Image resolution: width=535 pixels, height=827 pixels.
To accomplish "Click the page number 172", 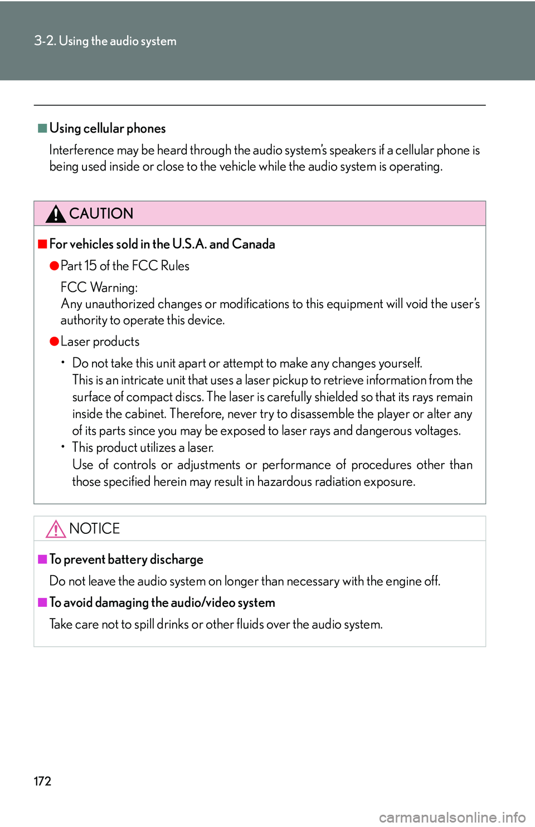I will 42,781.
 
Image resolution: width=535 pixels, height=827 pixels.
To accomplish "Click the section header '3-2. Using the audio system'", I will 105,41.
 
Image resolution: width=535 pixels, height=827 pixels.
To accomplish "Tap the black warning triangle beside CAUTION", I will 56,213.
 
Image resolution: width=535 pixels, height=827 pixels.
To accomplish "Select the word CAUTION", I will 101,213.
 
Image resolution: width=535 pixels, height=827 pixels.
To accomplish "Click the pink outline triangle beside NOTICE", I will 56,528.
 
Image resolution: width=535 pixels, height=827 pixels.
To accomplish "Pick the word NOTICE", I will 95,528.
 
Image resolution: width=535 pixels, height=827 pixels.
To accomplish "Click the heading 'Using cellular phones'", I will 108,128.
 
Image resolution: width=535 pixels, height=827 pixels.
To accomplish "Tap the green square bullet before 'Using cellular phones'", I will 42,128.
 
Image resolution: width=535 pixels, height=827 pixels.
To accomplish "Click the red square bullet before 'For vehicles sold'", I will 42,244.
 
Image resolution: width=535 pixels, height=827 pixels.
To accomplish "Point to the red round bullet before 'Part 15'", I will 54,265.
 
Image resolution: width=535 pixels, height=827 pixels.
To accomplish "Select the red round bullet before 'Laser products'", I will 54,341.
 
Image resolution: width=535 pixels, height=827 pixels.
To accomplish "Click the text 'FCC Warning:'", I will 99,288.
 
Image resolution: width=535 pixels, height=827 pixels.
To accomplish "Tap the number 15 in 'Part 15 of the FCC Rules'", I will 90,266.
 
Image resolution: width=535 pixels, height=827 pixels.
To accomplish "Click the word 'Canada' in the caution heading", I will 254,244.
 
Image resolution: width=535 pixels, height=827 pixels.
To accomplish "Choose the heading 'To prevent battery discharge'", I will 127,560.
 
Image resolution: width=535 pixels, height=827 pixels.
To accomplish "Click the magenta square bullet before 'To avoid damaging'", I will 42,602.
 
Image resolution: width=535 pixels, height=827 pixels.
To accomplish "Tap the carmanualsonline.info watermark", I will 452,818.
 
